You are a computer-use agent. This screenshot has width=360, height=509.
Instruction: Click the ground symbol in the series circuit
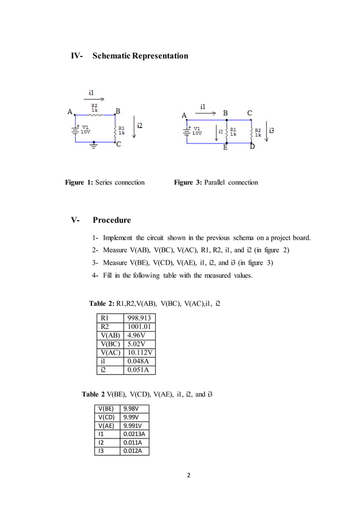[94, 146]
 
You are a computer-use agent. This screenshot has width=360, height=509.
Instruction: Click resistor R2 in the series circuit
[94, 114]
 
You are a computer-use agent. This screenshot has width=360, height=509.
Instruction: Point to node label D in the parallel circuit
[252, 147]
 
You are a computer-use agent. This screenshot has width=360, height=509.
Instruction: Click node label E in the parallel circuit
[225, 148]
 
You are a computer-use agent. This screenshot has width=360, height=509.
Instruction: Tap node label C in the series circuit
[118, 144]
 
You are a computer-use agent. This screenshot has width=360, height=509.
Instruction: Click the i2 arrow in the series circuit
[134, 128]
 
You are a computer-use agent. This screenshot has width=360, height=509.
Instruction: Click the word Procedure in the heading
[112, 220]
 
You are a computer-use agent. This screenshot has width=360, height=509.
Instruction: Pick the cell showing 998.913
[139, 318]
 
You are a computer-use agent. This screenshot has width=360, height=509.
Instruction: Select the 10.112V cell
[140, 353]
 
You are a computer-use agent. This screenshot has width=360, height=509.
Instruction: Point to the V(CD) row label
[104, 417]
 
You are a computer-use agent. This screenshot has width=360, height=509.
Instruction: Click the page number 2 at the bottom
[189, 475]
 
